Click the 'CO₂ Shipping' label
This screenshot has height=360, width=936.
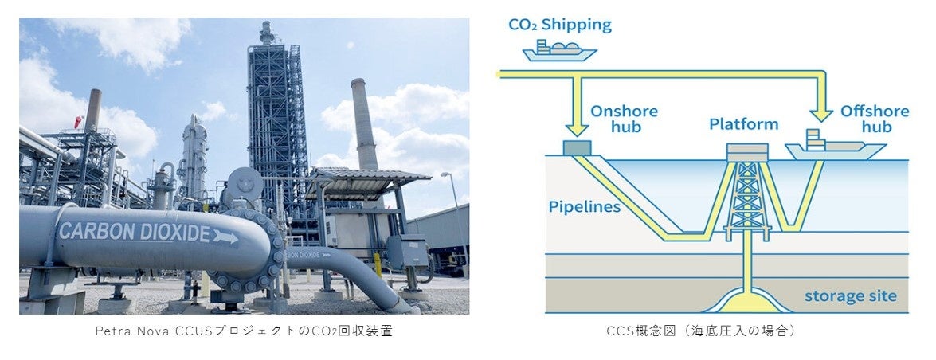(559, 25)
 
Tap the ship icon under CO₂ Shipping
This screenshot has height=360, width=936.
(559, 51)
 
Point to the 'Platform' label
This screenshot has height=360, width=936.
(743, 124)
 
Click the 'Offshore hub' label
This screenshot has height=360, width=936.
(874, 120)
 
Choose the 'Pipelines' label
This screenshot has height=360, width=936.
(585, 207)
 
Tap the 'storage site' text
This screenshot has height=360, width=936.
(850, 296)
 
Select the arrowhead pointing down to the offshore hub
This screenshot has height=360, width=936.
(820, 112)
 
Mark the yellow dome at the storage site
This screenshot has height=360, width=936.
(747, 303)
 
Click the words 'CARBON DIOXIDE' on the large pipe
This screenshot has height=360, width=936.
(133, 233)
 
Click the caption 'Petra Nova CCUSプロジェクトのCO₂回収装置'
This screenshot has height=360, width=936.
(244, 331)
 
